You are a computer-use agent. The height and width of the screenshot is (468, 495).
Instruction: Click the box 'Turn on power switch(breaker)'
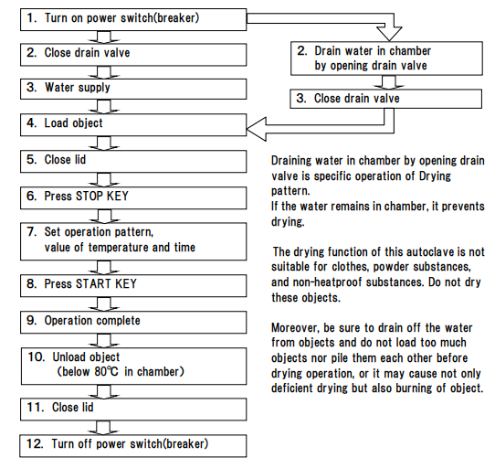(133, 19)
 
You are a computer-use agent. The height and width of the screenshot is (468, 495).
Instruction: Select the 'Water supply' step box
(133, 89)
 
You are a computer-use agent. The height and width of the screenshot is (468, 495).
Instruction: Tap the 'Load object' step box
(133, 125)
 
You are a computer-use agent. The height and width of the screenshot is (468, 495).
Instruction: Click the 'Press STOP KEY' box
(133, 197)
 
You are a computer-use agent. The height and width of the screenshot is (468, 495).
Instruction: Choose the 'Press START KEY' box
(133, 286)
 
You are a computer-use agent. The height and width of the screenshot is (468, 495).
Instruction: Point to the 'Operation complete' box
(133, 323)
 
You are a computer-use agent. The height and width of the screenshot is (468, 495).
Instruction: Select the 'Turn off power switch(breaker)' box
(133, 446)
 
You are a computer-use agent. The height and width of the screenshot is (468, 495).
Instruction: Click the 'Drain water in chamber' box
(386, 58)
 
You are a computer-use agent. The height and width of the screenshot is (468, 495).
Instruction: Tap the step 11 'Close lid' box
(133, 409)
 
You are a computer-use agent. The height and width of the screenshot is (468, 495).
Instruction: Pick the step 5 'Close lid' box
(133, 161)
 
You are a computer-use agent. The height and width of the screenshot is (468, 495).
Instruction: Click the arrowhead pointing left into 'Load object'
(257, 129)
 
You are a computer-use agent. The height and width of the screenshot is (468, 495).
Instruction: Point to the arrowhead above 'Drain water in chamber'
(389, 34)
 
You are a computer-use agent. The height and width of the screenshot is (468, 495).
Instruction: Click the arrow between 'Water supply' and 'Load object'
(104, 107)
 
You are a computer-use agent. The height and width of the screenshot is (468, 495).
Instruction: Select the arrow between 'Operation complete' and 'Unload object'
(104, 341)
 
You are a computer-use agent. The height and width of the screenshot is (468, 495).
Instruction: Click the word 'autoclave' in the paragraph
(431, 252)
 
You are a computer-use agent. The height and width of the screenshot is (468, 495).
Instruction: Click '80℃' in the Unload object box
(106, 372)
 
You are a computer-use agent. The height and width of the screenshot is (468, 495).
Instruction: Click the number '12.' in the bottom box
(35, 443)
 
